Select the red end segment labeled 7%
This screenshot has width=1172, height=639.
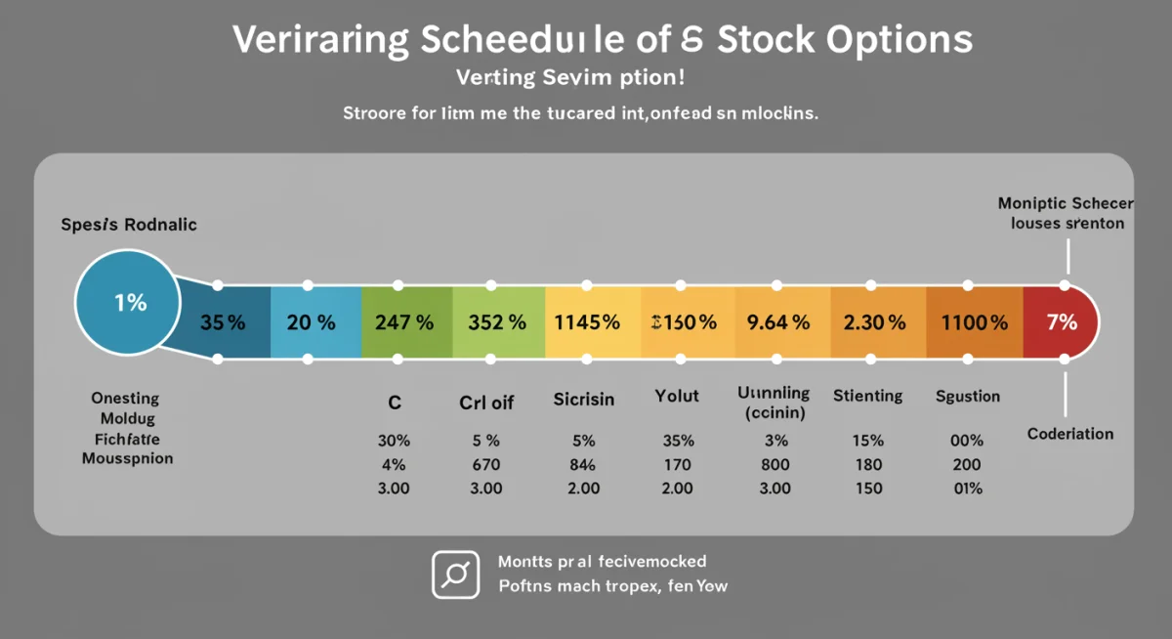coord(1060,322)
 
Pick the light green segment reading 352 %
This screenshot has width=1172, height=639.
coord(498,322)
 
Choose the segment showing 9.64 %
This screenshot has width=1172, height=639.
coord(777,322)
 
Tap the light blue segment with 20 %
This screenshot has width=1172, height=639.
coord(314,322)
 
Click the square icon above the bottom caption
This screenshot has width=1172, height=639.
coord(455,574)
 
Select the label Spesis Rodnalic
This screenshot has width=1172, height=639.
coord(129,225)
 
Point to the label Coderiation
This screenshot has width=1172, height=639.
coord(1070,434)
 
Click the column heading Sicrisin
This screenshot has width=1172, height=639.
coord(583,401)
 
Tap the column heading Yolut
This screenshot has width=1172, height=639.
coord(676,397)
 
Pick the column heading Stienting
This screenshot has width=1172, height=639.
coord(867,396)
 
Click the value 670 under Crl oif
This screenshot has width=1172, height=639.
coord(486,464)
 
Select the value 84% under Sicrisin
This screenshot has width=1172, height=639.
coord(583,464)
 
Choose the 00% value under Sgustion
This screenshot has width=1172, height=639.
coord(966,441)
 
